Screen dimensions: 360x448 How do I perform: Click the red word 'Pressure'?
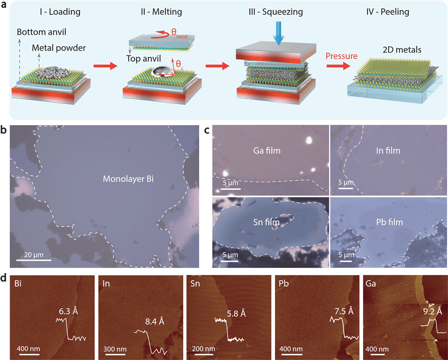tap(342, 56)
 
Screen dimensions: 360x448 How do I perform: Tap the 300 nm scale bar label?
tap(114, 349)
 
